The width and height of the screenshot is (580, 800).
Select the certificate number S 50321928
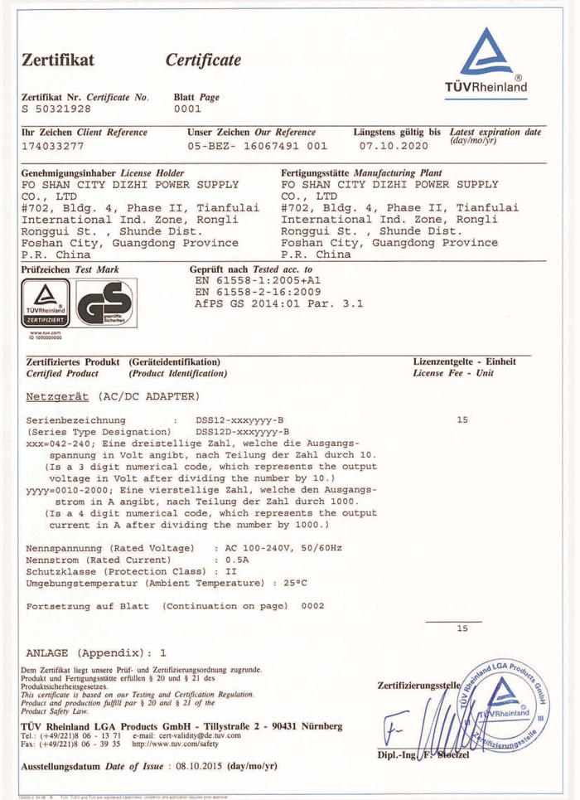click(x=55, y=108)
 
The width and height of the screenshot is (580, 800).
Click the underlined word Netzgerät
click(x=59, y=396)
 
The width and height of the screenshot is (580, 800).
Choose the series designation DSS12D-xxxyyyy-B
click(x=241, y=432)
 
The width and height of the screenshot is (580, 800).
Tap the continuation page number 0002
click(x=312, y=607)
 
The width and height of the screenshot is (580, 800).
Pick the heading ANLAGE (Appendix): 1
click(x=96, y=651)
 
